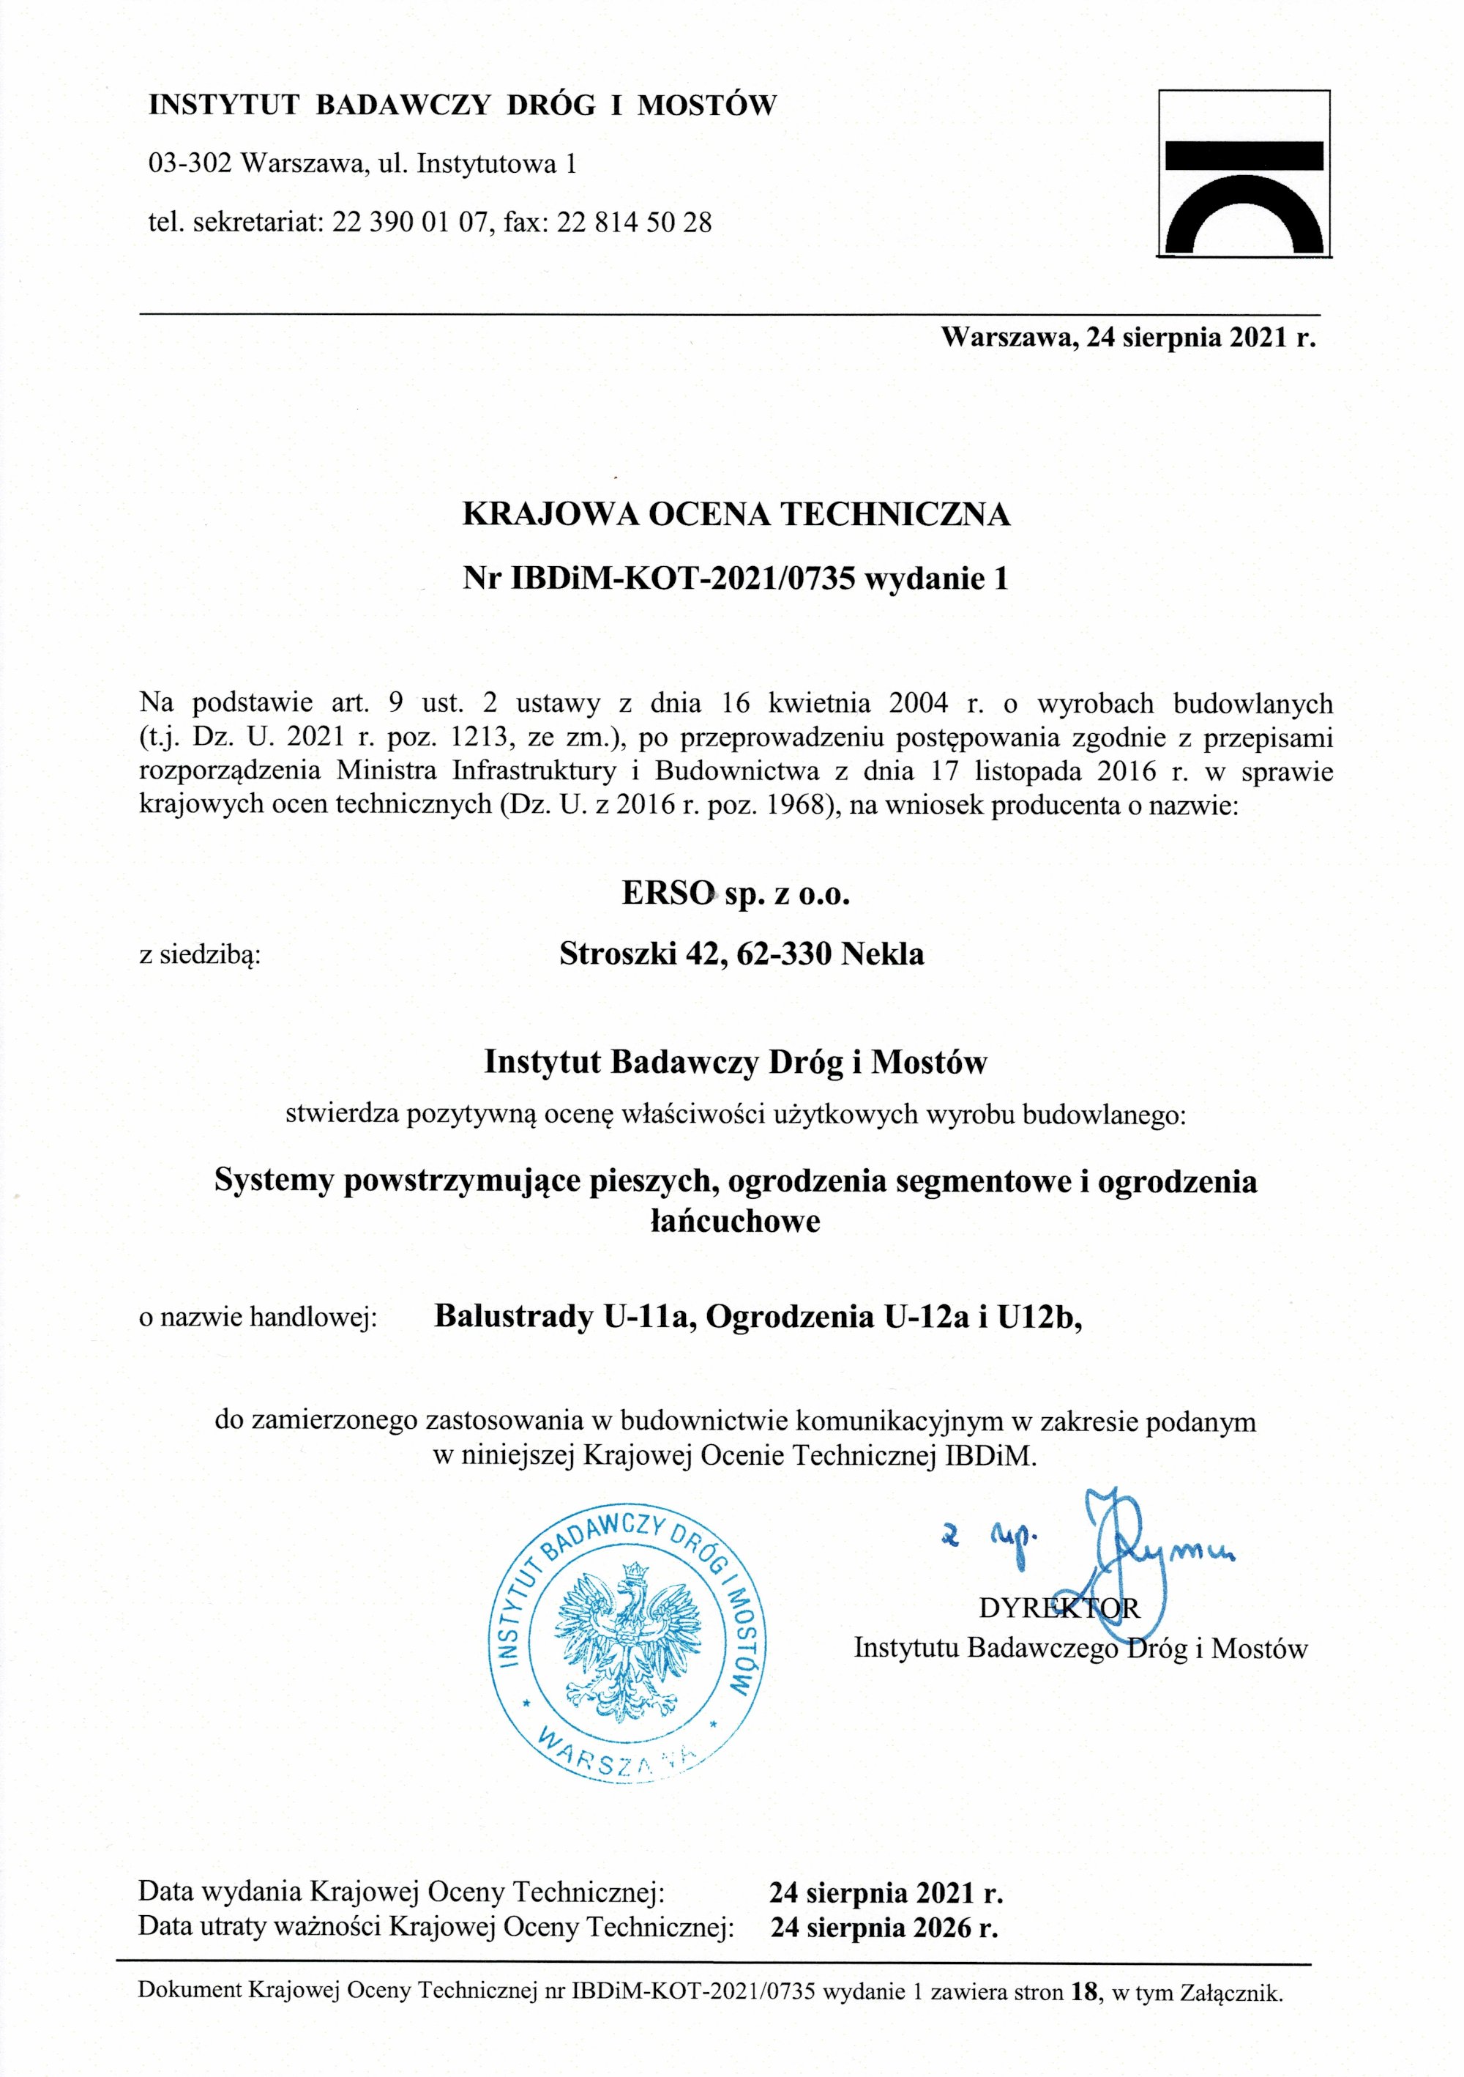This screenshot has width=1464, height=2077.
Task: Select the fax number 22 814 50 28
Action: (x=634, y=222)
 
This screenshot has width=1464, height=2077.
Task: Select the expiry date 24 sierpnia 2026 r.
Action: (x=884, y=1928)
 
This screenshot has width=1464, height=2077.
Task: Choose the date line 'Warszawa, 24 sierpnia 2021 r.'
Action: (x=1127, y=338)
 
